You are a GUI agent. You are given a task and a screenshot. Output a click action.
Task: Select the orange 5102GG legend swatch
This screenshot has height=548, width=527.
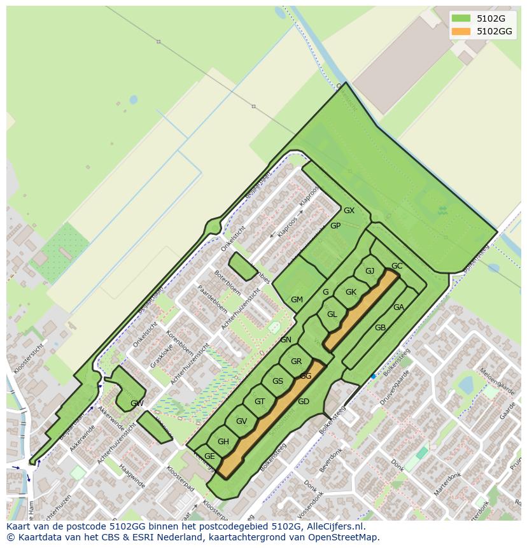click(461, 31)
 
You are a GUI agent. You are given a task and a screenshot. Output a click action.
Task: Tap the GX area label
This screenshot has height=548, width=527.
click(349, 211)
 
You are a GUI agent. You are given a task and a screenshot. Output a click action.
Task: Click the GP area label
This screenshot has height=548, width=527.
click(335, 226)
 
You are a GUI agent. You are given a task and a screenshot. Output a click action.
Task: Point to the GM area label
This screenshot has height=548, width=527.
click(297, 300)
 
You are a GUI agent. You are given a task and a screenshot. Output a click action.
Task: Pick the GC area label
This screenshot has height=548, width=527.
click(397, 266)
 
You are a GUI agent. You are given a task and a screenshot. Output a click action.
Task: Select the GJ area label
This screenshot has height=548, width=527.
click(370, 271)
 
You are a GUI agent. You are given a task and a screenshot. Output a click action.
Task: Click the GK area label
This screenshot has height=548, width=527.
click(351, 292)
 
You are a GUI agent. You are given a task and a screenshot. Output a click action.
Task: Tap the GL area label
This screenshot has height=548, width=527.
click(332, 314)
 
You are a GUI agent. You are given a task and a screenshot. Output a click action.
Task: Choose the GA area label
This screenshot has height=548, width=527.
click(398, 307)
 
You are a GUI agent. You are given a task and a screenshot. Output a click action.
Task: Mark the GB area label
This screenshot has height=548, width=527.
click(380, 328)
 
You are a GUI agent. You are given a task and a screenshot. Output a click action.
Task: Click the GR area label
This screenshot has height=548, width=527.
click(296, 362)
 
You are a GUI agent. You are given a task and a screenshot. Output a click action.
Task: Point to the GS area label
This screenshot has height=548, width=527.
click(278, 381)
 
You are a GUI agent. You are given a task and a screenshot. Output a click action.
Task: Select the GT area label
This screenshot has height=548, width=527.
click(260, 402)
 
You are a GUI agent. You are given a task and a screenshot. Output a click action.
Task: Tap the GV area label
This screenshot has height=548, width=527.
click(241, 421)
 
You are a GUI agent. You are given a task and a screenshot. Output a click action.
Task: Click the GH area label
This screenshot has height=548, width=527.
click(223, 442)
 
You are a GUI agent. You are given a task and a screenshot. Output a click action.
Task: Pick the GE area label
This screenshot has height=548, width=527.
click(209, 456)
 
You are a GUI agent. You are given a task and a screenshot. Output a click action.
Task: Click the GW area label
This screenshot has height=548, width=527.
click(137, 404)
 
